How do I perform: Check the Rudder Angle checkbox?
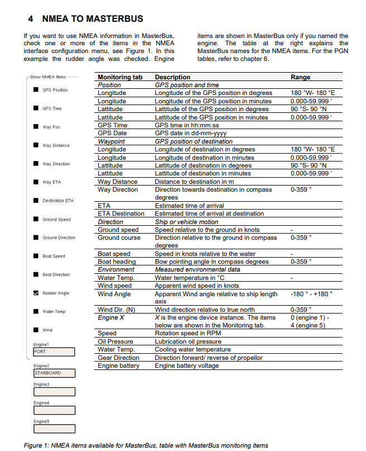[x=36, y=293]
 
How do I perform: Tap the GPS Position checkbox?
[x=36, y=90]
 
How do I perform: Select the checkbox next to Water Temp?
[x=36, y=311]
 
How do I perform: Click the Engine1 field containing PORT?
[x=54, y=352]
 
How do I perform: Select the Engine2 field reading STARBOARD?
[x=54, y=373]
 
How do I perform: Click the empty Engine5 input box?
[x=54, y=429]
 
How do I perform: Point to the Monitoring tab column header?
[x=120, y=77]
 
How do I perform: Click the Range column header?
[x=300, y=77]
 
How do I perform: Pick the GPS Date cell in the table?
[x=112, y=133]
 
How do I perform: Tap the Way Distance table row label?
[x=117, y=182]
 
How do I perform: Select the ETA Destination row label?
[x=121, y=213]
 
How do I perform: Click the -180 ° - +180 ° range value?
[x=311, y=294]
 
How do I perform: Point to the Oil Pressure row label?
[x=115, y=341]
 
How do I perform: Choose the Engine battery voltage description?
[x=187, y=366]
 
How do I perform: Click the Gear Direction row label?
[x=118, y=358]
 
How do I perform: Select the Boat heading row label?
[x=116, y=262]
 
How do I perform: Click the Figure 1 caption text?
[x=146, y=445]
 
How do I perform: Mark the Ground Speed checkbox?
[x=36, y=219]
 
